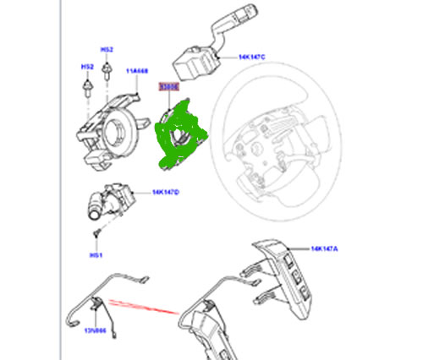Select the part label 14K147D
165,193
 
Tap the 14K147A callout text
324,249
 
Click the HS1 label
96,254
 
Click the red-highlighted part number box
168,86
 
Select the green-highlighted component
179,134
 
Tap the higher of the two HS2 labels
107,50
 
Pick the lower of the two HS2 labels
86,66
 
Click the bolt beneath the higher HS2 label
107,73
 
